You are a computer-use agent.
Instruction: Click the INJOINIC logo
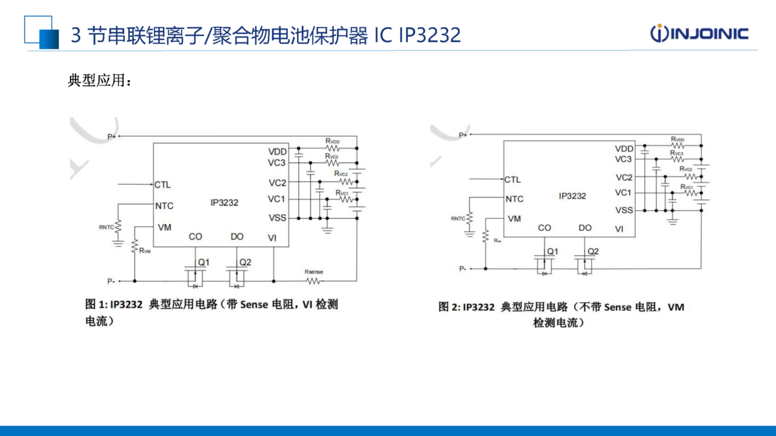pyautogui.click(x=699, y=34)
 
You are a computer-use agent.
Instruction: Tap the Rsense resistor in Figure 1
pyautogui.click(x=314, y=280)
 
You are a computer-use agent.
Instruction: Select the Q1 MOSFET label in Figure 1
pyautogui.click(x=203, y=262)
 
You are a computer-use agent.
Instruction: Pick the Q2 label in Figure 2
pyautogui.click(x=593, y=251)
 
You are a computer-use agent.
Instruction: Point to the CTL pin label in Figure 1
pyautogui.click(x=162, y=185)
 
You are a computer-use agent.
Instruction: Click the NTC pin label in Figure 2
pyautogui.click(x=514, y=199)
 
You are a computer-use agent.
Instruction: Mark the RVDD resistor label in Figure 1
pyautogui.click(x=333, y=140)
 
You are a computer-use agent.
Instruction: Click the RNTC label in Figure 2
pyautogui.click(x=458, y=218)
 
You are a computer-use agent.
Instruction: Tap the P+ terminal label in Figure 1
pyautogui.click(x=112, y=136)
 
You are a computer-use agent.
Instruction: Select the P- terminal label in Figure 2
pyautogui.click(x=463, y=268)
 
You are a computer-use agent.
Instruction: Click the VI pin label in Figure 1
pyautogui.click(x=272, y=237)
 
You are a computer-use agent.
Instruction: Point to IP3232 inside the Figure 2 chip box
pyautogui.click(x=572, y=196)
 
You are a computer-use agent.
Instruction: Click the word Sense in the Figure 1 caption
pyautogui.click(x=253, y=305)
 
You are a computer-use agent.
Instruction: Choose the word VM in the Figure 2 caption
pyautogui.click(x=676, y=307)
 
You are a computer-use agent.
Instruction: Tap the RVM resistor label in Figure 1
pyautogui.click(x=145, y=250)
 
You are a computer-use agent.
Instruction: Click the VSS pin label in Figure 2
pyautogui.click(x=624, y=210)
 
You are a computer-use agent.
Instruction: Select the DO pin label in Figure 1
pyautogui.click(x=237, y=237)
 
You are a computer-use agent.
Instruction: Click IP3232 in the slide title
pyautogui.click(x=429, y=34)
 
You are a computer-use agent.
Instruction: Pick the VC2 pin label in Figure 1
pyautogui.click(x=277, y=183)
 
